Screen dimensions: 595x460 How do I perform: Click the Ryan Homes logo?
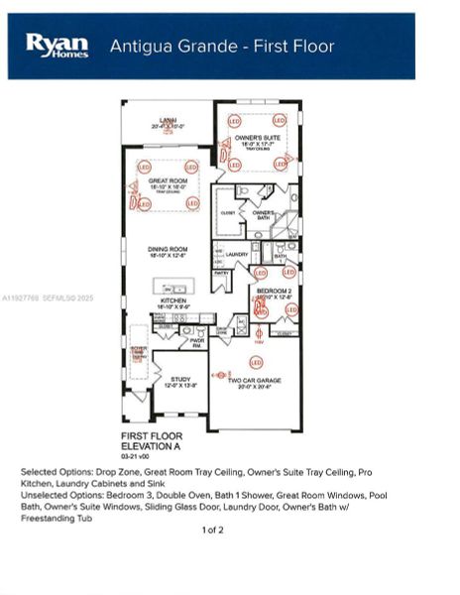(x=57, y=46)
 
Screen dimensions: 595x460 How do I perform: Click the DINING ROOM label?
(x=168, y=250)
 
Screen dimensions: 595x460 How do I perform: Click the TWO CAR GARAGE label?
(x=257, y=380)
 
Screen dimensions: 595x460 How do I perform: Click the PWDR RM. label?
(x=197, y=342)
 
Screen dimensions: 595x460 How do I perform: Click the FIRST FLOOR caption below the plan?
(x=150, y=436)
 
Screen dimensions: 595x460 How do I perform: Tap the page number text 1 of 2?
(x=213, y=531)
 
